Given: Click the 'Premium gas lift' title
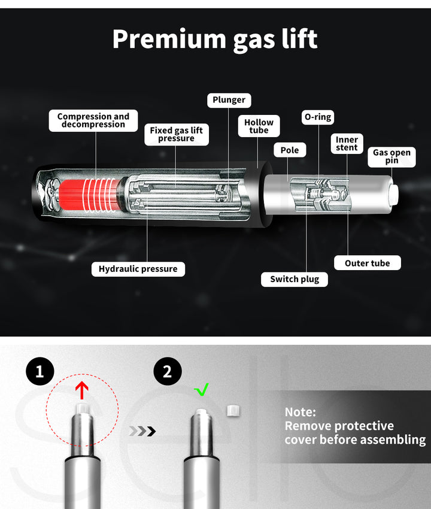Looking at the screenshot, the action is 215,40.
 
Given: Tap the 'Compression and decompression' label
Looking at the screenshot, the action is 93,120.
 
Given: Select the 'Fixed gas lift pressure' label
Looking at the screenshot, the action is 176,134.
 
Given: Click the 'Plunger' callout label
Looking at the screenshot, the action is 229,100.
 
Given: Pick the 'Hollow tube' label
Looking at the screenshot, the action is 259,126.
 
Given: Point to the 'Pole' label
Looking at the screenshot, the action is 290,150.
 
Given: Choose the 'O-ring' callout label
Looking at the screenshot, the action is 318,117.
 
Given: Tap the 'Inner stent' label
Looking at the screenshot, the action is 347,144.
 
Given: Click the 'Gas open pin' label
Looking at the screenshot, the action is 391,157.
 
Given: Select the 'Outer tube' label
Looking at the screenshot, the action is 368,263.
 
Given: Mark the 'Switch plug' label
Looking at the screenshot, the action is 295,279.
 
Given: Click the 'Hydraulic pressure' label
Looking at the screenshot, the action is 138,269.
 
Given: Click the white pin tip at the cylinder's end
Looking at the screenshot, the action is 394,195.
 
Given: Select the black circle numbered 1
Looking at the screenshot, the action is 40,371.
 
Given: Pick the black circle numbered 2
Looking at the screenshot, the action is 168,371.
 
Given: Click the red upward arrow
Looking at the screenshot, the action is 82,390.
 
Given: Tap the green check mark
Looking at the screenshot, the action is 202,390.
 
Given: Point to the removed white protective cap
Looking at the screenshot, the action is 233,411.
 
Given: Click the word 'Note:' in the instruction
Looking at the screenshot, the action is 301,412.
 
